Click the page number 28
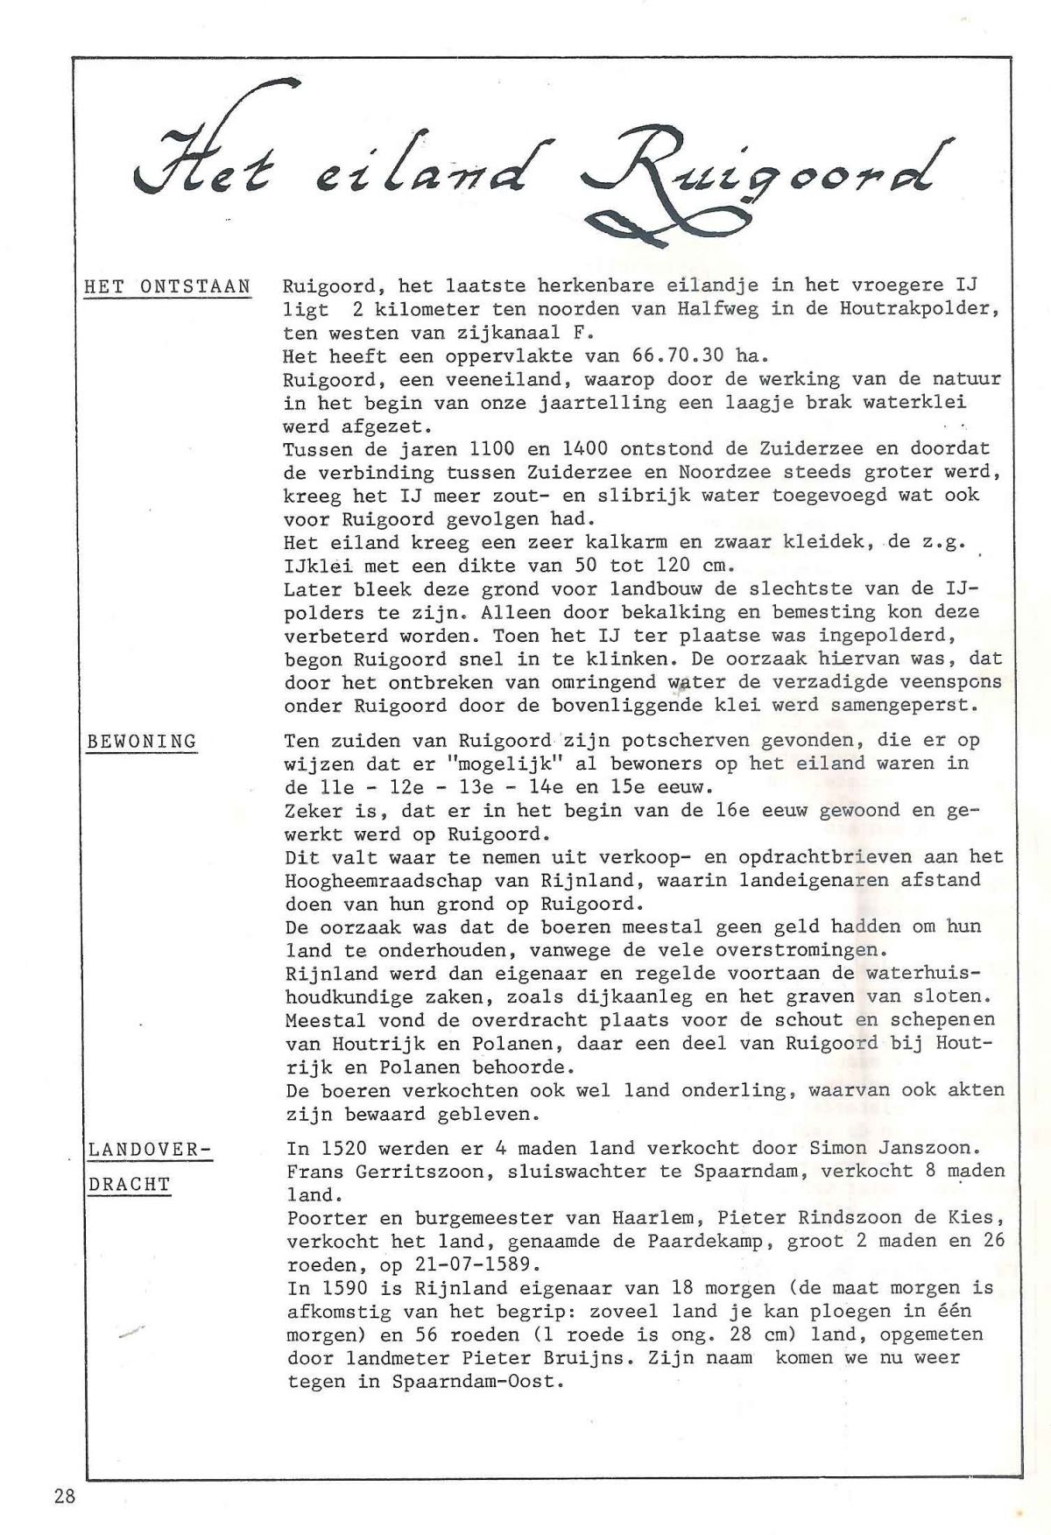[64, 1496]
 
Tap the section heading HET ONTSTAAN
[167, 286]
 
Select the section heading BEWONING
[142, 742]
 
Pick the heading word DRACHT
[129, 1185]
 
